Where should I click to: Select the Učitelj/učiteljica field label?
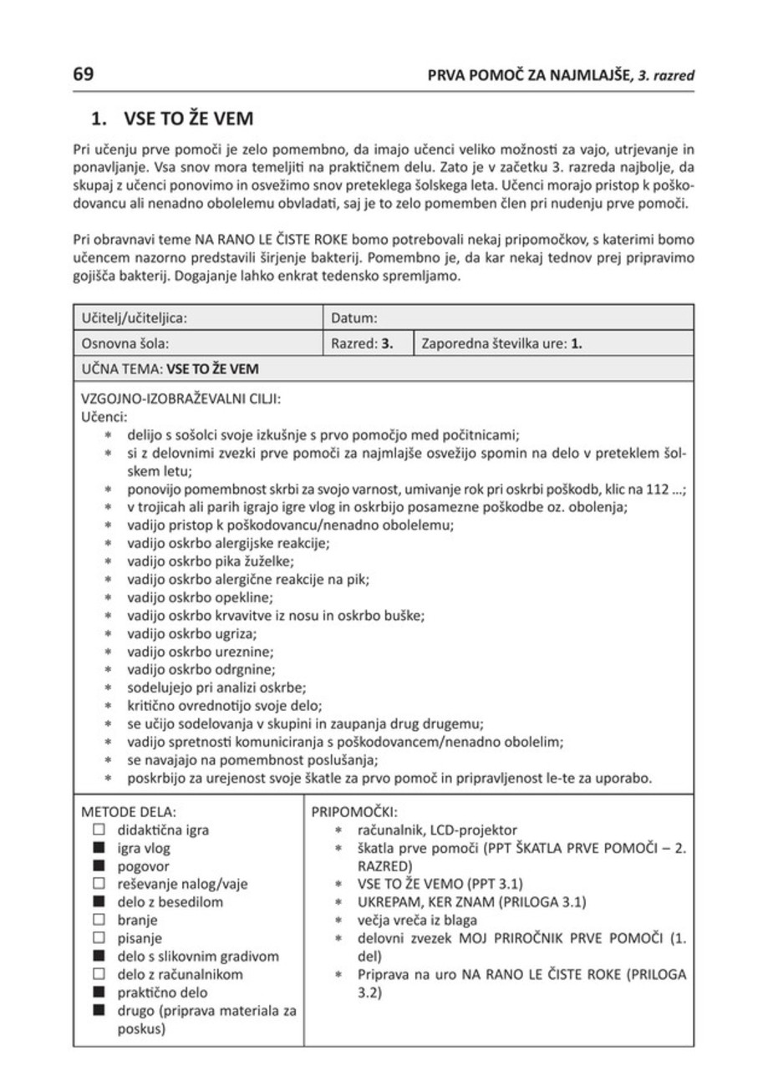coord(134,318)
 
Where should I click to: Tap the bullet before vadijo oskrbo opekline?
coord(109,599)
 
